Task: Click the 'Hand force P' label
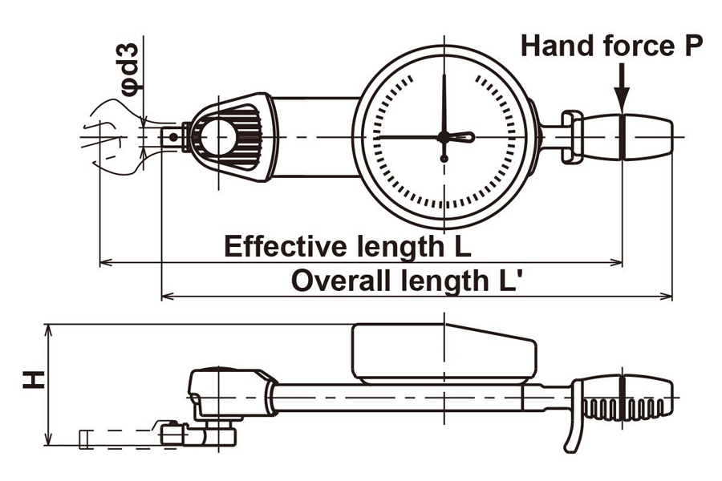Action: [x=612, y=46]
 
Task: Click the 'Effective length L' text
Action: [x=347, y=245]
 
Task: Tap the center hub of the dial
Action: [x=444, y=137]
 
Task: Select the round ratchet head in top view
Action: [x=219, y=137]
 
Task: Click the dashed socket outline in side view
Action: [x=120, y=438]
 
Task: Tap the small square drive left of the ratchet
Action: [x=172, y=137]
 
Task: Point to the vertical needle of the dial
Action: [x=444, y=100]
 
